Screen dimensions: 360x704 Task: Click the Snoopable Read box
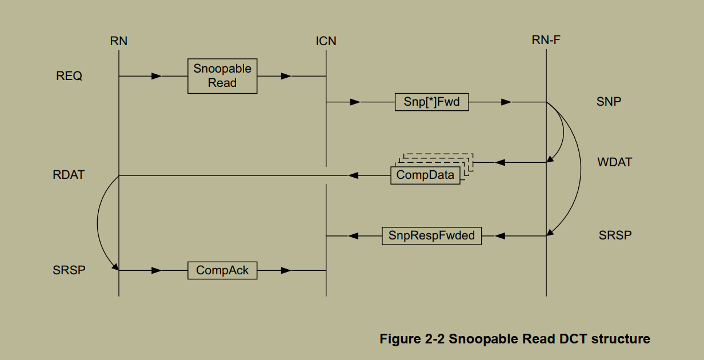tap(222, 75)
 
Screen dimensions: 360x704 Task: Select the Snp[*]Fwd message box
tap(431, 102)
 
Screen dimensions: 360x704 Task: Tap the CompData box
tap(425, 175)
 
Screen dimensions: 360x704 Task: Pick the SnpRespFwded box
tap(431, 235)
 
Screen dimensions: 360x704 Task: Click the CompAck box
tap(222, 270)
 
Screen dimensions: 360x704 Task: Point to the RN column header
tap(119, 41)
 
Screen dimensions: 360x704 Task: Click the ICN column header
tap(326, 41)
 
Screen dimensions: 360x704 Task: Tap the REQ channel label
tap(69, 76)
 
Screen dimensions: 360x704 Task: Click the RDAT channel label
tap(69, 175)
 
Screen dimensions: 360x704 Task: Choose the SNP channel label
tap(609, 102)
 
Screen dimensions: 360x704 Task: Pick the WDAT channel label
tap(615, 162)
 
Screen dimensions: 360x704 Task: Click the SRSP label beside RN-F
tap(615, 235)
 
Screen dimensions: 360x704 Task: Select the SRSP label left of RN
tap(69, 270)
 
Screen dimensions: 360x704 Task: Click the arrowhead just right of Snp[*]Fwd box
tap(506, 102)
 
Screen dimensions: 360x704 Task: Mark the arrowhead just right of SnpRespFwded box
tap(501, 235)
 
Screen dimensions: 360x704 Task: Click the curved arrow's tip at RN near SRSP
tap(117, 267)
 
